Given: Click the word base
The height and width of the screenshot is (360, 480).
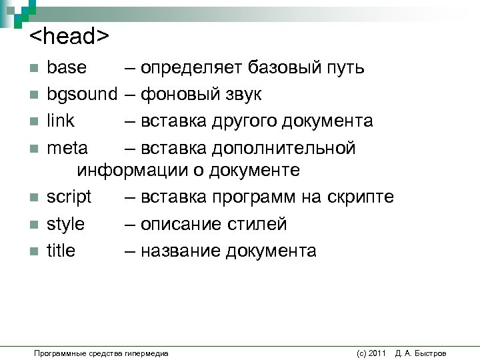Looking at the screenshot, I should [x=67, y=68].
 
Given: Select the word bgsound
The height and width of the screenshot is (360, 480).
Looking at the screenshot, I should [x=81, y=95].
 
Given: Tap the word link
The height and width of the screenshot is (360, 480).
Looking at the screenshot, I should [x=61, y=121].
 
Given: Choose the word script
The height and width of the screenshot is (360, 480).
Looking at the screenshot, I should [x=69, y=198].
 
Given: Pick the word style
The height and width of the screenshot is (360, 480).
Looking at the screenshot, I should [x=65, y=225].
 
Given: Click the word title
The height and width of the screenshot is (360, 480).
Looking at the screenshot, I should [x=61, y=251].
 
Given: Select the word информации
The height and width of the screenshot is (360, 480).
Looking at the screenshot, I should [x=133, y=171].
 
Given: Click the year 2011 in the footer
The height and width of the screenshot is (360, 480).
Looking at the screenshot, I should [x=377, y=353].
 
